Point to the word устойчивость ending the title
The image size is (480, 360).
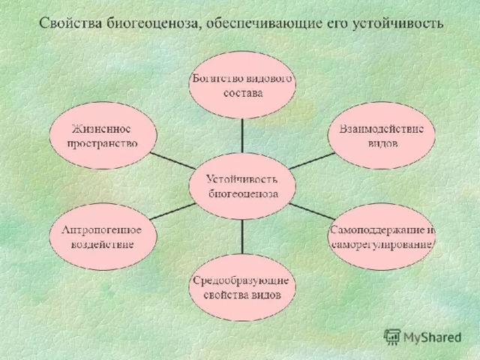pos(398,24)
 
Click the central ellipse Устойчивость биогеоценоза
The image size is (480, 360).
pos(242,186)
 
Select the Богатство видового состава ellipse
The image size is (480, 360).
pos(242,85)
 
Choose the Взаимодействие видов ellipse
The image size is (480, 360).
pos(381,136)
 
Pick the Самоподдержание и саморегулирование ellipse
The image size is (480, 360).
pos(382,237)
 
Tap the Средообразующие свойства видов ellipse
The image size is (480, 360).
pos(242,287)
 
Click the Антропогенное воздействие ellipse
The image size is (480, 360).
pos(103,237)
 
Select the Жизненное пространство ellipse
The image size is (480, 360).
pos(103,136)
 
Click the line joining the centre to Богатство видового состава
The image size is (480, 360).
pos(242,136)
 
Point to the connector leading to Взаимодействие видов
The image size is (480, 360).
pos(312,160)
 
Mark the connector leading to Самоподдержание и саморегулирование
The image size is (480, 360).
pos(312,211)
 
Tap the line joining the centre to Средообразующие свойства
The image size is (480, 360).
pos(242,237)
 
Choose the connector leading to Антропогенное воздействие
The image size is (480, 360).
pos(172,211)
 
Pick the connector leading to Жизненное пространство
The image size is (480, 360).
pos(172,160)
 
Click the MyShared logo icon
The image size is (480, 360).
pos(392,337)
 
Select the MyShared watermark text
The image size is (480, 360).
pos(432,337)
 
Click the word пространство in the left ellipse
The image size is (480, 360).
pos(102,143)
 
